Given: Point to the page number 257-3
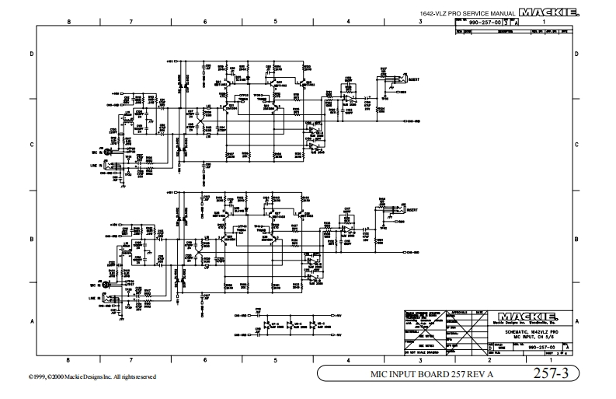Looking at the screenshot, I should tap(551, 375).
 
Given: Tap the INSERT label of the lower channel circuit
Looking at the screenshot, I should tap(412, 210).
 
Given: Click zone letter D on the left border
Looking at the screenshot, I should tap(32, 54).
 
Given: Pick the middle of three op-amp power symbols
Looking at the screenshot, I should tap(294, 324).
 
